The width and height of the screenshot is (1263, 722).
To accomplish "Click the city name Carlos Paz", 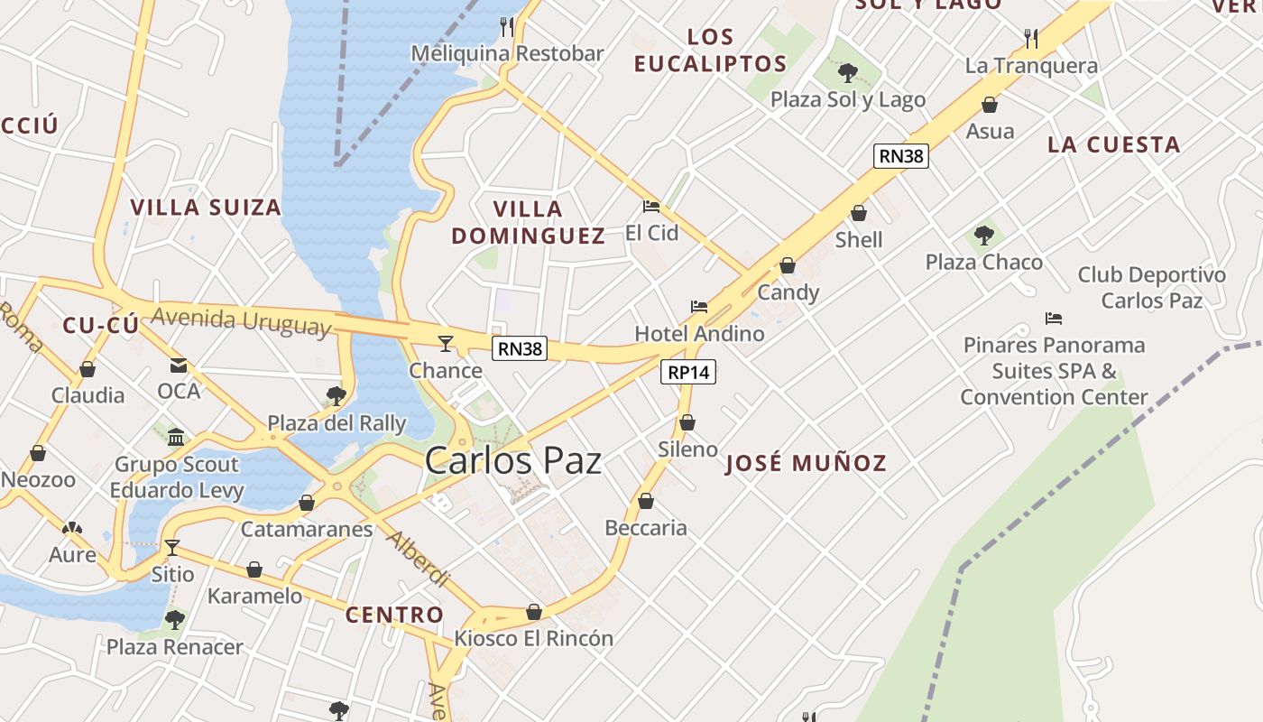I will coord(512,461).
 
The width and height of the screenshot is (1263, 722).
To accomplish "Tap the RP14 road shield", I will coord(687,371).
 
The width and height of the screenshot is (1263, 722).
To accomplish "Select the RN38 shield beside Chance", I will coord(520,348).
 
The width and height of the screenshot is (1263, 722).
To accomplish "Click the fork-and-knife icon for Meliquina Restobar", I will coord(507,26).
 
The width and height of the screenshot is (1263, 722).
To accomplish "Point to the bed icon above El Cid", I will coord(651,206).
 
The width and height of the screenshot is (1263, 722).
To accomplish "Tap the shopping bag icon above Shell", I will coord(859,213).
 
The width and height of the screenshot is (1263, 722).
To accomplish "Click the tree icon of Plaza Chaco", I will coord(983,236).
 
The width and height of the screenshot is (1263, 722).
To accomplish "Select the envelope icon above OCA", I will coord(179,366).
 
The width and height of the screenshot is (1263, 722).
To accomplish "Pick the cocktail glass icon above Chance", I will coord(445,343).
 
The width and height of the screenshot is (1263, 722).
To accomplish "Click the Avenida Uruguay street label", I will coord(241,321).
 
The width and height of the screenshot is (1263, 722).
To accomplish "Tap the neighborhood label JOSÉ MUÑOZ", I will coord(806,464).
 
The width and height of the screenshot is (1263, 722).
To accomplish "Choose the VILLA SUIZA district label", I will coord(206,207).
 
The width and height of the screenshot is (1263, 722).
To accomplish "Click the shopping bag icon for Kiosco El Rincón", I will coord(534,612).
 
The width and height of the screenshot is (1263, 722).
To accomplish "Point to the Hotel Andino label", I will coord(699,333).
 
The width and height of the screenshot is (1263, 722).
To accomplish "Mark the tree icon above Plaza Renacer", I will coord(175,620).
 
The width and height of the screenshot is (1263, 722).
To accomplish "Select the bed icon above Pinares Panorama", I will coord(1053,319).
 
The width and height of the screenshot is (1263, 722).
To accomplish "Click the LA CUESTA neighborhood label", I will coord(1113,144).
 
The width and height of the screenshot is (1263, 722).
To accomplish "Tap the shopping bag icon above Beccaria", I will coord(646,501).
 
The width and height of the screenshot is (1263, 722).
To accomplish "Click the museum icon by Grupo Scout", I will coord(176,438).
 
